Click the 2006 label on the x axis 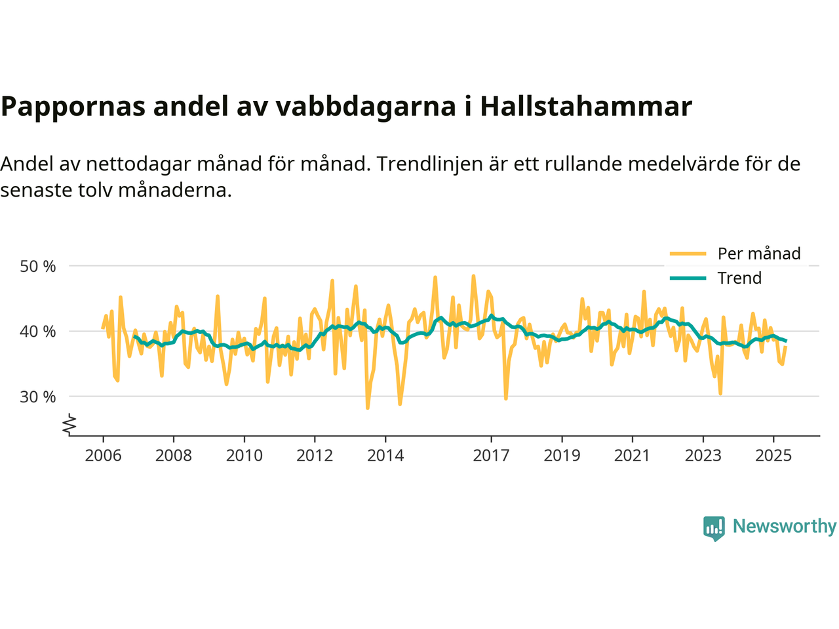103,455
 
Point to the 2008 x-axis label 174,455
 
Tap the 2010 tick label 244,455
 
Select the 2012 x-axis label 315,455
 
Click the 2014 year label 385,455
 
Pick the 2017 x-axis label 491,455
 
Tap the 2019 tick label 562,455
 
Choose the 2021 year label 632,455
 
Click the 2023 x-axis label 703,455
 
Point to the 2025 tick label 773,455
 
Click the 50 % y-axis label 38,267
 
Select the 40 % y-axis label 38,332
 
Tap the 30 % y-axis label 38,396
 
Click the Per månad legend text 759,254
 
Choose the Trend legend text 739,278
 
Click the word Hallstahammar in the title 586,106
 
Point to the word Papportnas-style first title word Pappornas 73,106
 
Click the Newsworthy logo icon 714,527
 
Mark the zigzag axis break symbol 69,425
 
